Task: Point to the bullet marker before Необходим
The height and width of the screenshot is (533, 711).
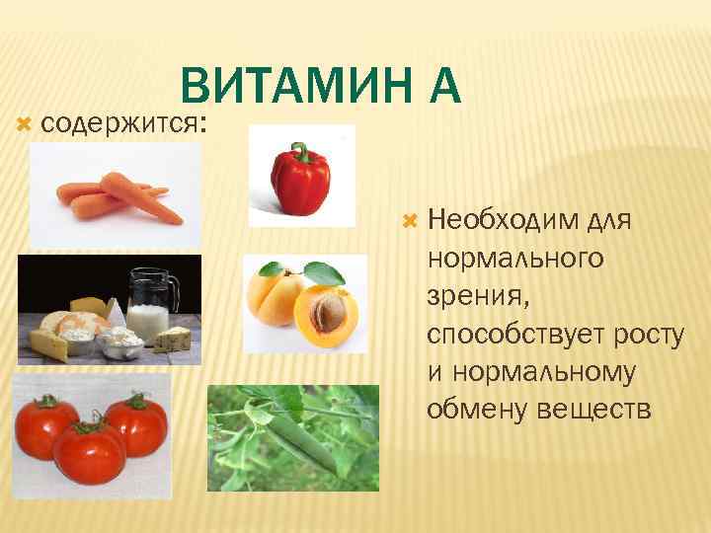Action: point(413,216)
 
